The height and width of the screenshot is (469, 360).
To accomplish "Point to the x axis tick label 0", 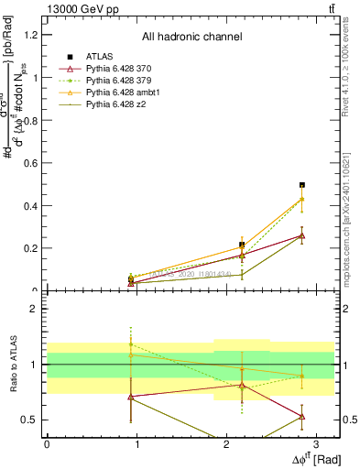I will [x=47, y=443].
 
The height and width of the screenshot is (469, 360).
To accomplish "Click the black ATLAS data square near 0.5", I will [x=302, y=185].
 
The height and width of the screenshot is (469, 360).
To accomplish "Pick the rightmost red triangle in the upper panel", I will [x=302, y=235].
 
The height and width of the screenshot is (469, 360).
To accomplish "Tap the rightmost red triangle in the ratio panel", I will [x=302, y=416].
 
